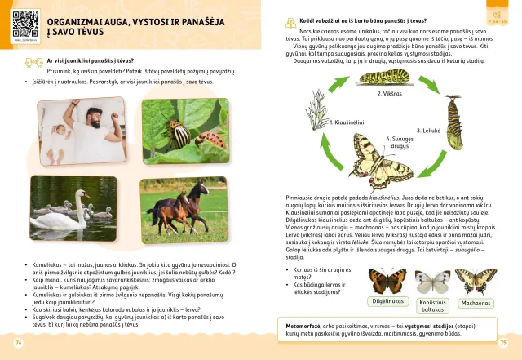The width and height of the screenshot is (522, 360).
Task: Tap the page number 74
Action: (19, 343)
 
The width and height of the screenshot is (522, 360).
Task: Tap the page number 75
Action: (503, 343)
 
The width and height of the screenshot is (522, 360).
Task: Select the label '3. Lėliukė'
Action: (429, 131)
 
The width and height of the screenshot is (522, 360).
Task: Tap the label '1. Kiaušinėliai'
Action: (348, 122)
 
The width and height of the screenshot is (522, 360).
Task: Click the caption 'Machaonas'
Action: (475, 302)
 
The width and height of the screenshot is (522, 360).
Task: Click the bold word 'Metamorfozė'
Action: (302, 324)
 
